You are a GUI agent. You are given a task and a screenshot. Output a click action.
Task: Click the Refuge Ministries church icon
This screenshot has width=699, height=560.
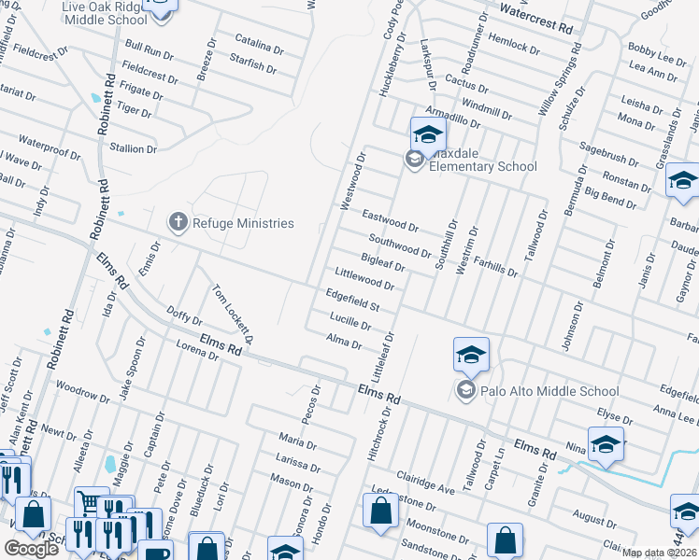tap(178, 222)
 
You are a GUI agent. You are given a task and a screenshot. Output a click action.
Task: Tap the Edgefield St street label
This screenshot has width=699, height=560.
tap(351, 300)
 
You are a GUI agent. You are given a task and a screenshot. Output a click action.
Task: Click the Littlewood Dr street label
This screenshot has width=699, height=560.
tap(364, 278)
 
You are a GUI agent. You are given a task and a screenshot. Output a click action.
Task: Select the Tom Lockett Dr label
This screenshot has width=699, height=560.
tap(235, 313)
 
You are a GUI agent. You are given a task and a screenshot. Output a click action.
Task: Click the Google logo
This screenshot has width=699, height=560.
tap(31, 549)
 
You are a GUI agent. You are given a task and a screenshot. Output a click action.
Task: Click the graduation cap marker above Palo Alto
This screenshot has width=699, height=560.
tap(471, 354)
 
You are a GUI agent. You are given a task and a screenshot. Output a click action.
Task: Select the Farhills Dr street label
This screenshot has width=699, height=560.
tap(495, 268)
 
